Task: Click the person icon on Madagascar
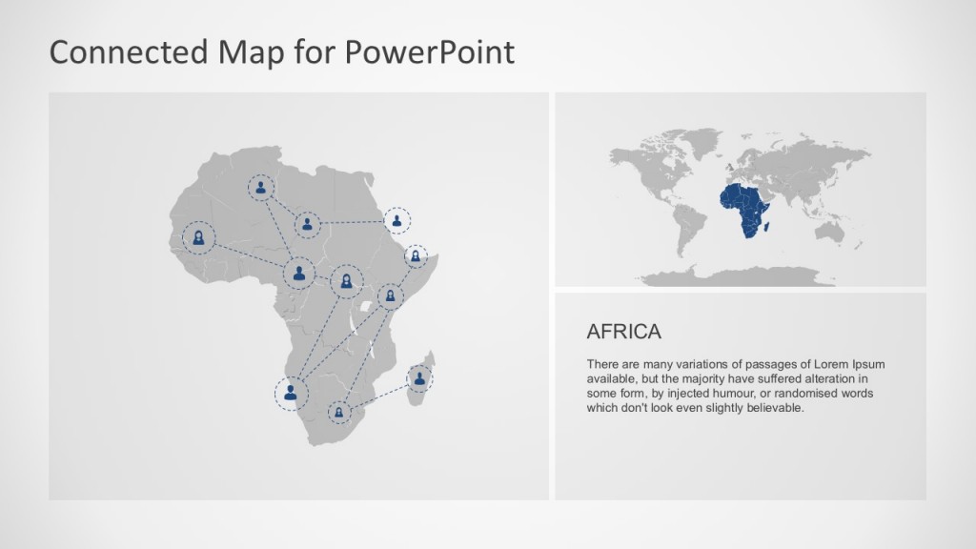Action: coord(419,378)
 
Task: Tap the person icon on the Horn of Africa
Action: coord(416,256)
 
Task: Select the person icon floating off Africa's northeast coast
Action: coord(397,221)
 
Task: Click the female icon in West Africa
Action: coord(198,236)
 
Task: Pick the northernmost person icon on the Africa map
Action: coord(260,188)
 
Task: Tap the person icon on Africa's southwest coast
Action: coord(291,391)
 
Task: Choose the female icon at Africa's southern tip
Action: coord(339,413)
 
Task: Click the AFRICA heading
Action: coord(623,332)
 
